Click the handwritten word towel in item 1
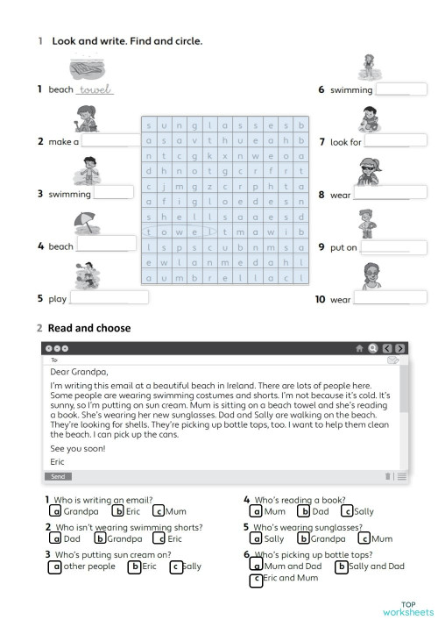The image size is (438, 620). coord(95,89)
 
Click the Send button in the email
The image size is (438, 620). coord(58,476)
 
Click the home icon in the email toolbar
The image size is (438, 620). coord(359,347)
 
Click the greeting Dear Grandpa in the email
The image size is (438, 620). coord(79,372)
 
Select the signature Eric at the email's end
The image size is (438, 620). coord(58,461)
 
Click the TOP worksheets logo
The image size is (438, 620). coord(407,608)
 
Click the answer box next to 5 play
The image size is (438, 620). coord(109,298)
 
